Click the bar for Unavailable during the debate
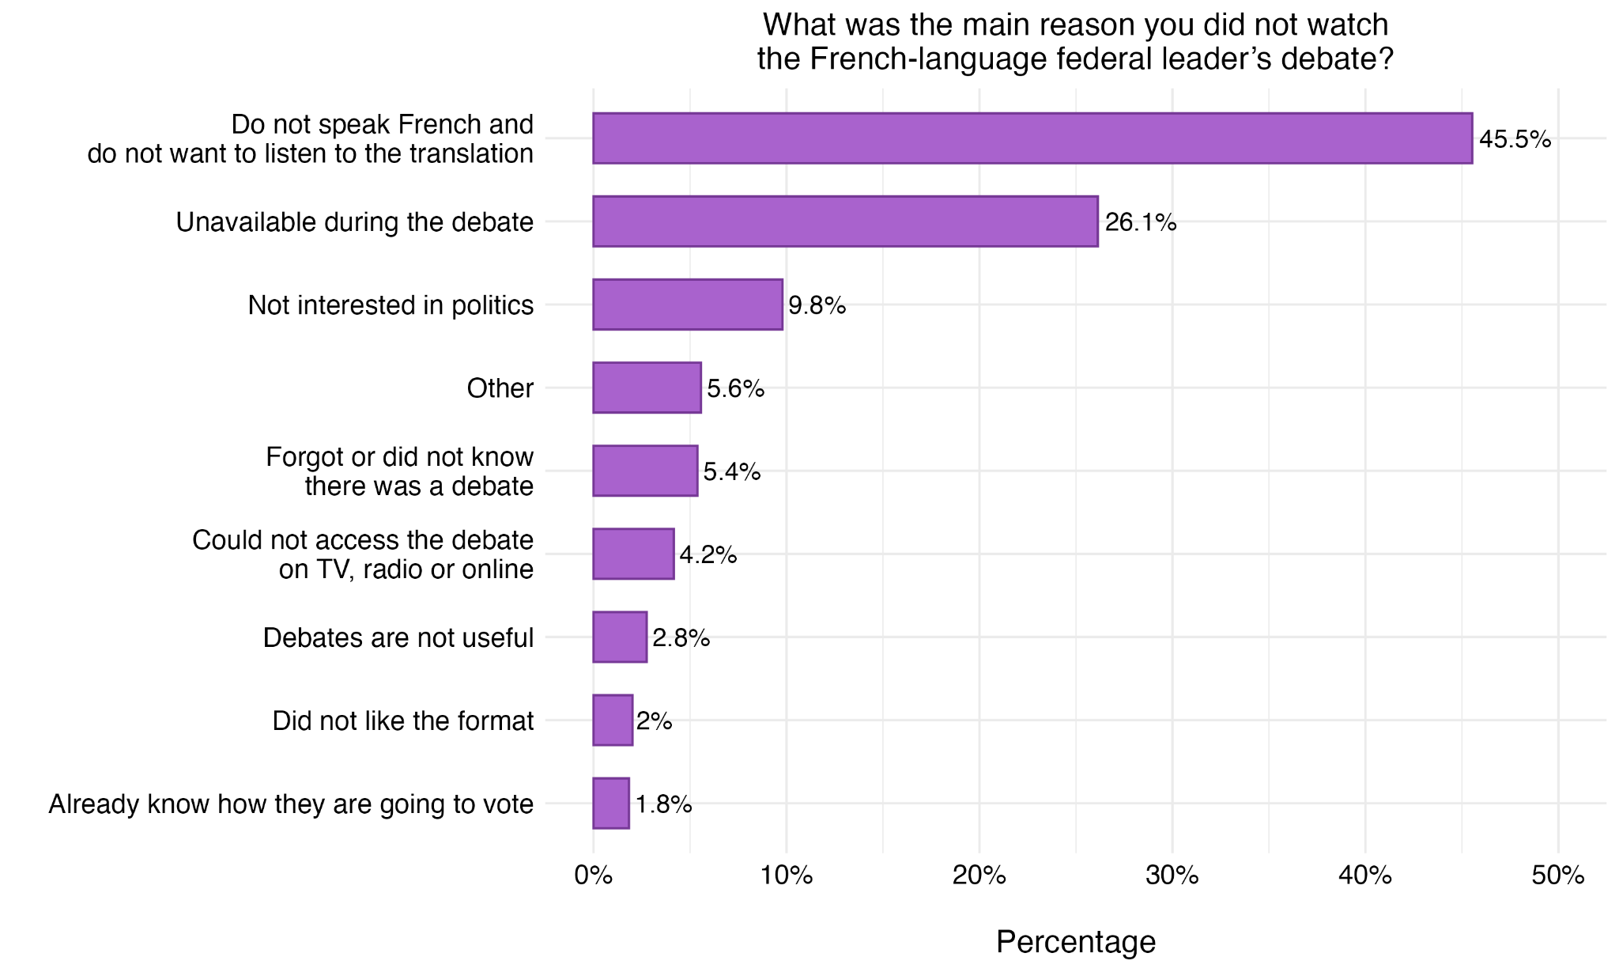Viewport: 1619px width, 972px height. click(x=845, y=221)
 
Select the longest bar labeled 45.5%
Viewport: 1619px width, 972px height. click(x=1032, y=138)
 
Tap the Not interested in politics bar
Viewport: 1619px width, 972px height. click(x=688, y=304)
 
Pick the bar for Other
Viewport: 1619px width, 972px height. click(x=647, y=388)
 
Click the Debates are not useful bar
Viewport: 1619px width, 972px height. click(x=620, y=637)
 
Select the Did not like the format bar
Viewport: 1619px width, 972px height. click(x=613, y=720)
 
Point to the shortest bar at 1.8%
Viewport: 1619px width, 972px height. click(x=611, y=804)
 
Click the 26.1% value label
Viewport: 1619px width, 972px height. click(x=1141, y=223)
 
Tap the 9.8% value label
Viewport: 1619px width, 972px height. click(x=817, y=306)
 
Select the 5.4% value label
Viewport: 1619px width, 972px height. click(x=732, y=472)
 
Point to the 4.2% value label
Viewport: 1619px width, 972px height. click(x=708, y=555)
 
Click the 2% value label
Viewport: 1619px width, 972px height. click(x=655, y=721)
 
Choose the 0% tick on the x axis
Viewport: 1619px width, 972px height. click(x=593, y=876)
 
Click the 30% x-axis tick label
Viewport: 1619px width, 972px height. click(x=1172, y=876)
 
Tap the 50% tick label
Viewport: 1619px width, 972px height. click(x=1557, y=876)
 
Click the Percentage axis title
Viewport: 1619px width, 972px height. click(x=1075, y=942)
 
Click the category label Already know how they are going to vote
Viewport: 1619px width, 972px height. click(x=291, y=804)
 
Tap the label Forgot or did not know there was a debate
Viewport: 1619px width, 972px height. click(x=399, y=471)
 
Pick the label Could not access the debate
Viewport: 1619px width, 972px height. click(x=363, y=541)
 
